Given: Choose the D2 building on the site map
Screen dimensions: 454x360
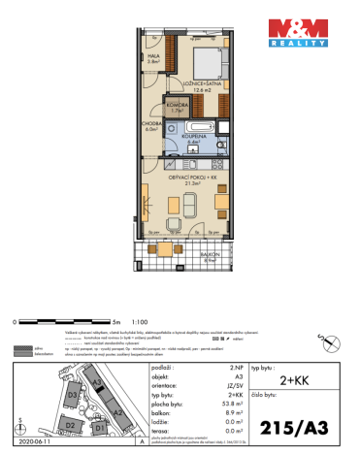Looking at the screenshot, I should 70,425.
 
